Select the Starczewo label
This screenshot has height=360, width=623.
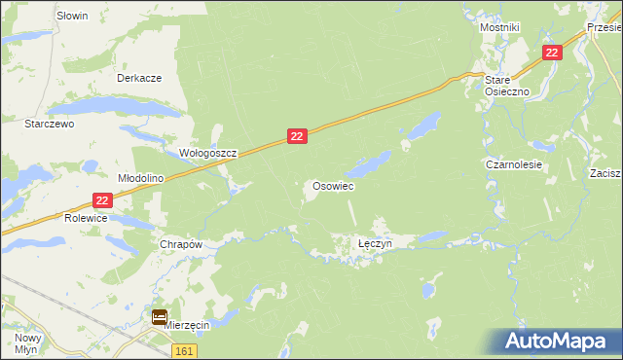pyautogui.click(x=50, y=125)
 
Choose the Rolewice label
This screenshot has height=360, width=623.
pyautogui.click(x=87, y=219)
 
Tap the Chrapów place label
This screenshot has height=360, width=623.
pyautogui.click(x=180, y=245)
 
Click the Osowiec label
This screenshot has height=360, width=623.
pyautogui.click(x=332, y=185)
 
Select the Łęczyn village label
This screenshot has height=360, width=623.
pyautogui.click(x=374, y=244)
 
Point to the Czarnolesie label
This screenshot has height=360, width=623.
pyautogui.click(x=514, y=165)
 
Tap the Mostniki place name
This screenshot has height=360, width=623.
pyautogui.click(x=499, y=27)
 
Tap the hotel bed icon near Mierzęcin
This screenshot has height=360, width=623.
pyautogui.click(x=160, y=316)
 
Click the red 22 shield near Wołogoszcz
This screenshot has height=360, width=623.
pyautogui.click(x=298, y=138)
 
